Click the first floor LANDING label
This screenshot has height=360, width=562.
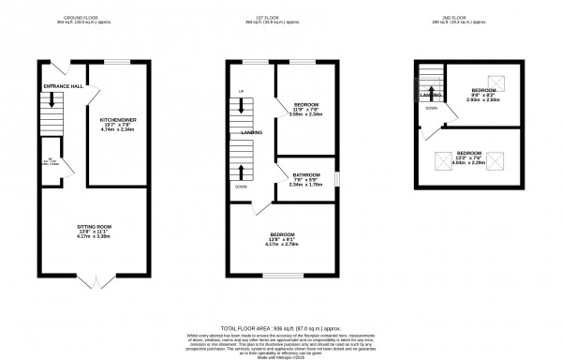pyautogui.click(x=252, y=133)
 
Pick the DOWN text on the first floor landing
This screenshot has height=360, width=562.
pyautogui.click(x=242, y=187)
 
